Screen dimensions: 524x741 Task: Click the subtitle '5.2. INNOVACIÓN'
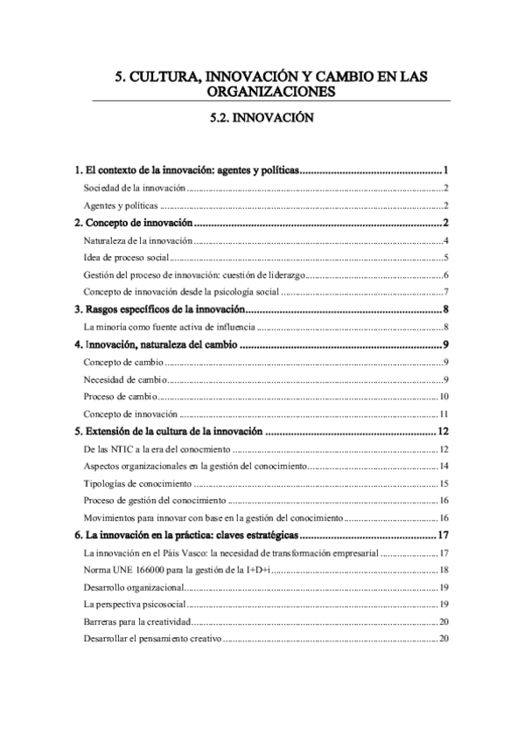(262, 114)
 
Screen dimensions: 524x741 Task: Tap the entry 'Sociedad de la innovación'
(135, 188)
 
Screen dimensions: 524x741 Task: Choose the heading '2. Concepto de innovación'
(143, 224)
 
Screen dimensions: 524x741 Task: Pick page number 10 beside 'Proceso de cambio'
(444, 396)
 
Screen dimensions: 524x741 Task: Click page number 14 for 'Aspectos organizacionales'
(444, 466)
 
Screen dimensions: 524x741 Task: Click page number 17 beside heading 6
(443, 535)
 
